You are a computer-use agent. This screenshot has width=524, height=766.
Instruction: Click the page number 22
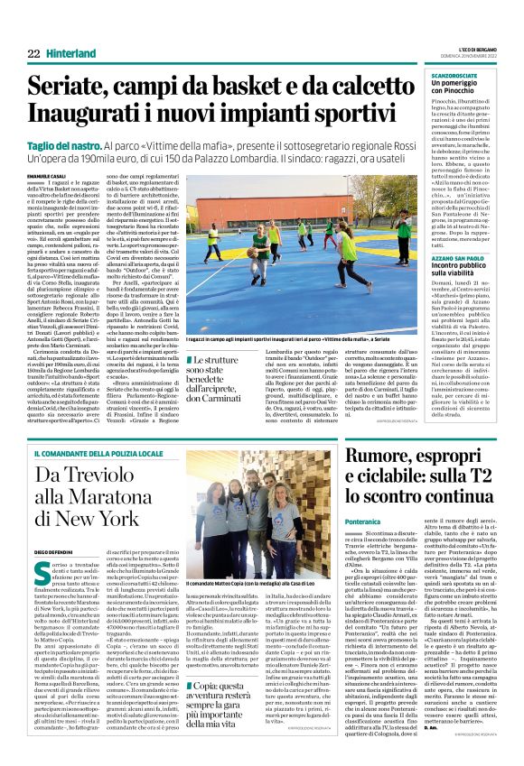click(x=33, y=54)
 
